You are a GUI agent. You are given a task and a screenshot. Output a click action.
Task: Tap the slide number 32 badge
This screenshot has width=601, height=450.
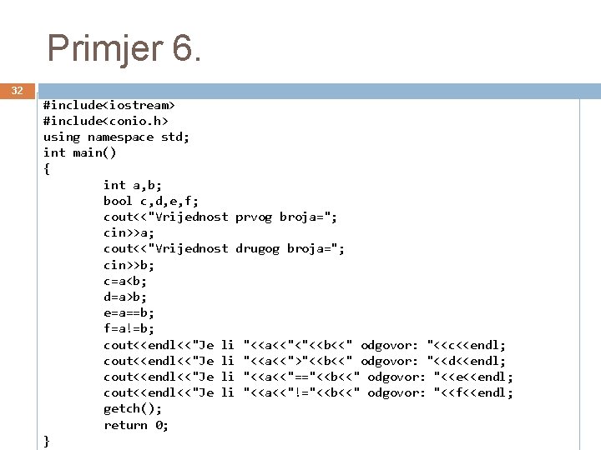(17, 90)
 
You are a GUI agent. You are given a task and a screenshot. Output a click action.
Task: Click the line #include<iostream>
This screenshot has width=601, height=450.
(109, 105)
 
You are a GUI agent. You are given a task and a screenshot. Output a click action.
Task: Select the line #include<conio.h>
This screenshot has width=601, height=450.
(105, 121)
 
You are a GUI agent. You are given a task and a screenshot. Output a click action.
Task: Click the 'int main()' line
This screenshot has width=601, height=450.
(79, 152)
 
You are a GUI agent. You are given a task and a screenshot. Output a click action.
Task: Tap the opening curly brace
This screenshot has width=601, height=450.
(47, 168)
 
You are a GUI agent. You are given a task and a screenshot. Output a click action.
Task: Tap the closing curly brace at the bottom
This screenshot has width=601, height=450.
(47, 441)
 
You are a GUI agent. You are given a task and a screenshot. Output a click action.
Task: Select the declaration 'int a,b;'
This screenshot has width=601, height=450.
(133, 185)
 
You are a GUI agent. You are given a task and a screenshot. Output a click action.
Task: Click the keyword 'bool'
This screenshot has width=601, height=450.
(118, 201)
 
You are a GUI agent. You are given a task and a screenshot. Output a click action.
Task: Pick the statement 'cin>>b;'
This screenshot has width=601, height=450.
(129, 265)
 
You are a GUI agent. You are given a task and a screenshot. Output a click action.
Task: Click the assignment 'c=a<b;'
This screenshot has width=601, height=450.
(125, 281)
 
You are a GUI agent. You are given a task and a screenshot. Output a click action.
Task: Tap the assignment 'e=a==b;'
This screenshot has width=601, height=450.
(129, 312)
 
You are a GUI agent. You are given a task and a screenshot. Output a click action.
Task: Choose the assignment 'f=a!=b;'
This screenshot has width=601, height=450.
(129, 328)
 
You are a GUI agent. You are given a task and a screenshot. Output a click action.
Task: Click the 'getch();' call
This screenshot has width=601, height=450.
(133, 408)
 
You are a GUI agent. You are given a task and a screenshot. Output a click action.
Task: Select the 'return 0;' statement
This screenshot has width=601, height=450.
(136, 425)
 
